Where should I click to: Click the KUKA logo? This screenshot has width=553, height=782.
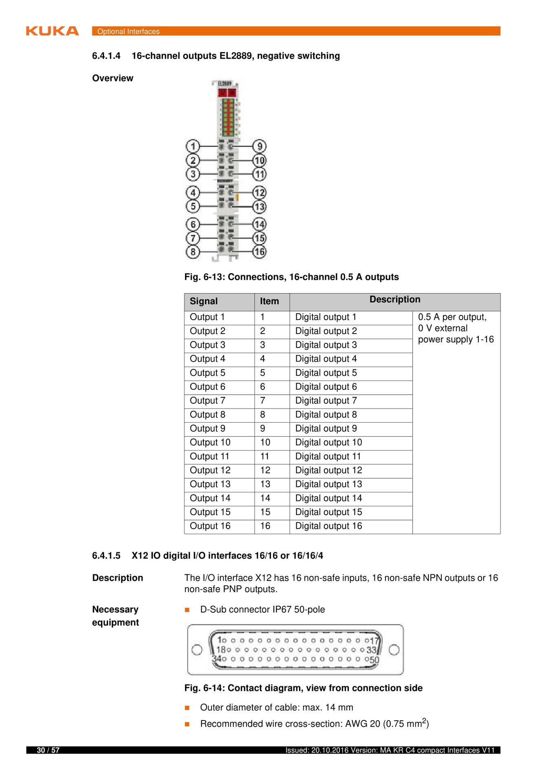[x=52, y=31]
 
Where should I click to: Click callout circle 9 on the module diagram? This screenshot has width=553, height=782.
[x=260, y=146]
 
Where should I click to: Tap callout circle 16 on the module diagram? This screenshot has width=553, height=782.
[x=260, y=252]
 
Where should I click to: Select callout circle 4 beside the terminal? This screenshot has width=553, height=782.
[x=193, y=192]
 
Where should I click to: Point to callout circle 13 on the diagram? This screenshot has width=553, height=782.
[x=260, y=206]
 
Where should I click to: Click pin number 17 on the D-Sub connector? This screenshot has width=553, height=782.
[x=375, y=641]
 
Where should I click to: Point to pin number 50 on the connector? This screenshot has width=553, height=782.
[x=375, y=659]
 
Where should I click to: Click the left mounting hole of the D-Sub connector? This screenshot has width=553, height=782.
[x=197, y=650]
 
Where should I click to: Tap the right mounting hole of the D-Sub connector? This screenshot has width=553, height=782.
[x=394, y=650]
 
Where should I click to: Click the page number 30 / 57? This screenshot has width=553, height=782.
[x=48, y=750]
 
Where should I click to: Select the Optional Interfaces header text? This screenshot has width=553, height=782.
[x=128, y=31]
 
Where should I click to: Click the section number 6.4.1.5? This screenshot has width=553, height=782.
[x=106, y=556]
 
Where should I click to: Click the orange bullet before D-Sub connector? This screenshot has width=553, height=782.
[x=187, y=610]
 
